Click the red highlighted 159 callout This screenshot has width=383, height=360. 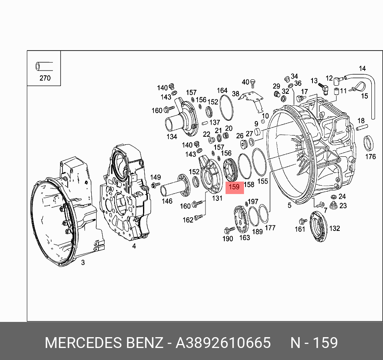(234, 187)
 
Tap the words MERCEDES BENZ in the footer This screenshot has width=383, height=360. (104, 343)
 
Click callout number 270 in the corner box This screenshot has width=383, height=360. (45, 78)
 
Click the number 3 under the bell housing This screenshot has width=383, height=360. (83, 263)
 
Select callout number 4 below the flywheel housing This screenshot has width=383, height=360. (134, 246)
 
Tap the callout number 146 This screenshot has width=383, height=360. (167, 202)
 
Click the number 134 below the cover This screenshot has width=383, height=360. (172, 137)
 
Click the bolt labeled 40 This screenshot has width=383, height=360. (253, 83)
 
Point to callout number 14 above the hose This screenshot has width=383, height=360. (362, 69)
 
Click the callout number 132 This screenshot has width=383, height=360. (335, 229)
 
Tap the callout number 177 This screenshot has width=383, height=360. (270, 228)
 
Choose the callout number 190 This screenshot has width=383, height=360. (228, 239)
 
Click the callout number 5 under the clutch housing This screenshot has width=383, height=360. (289, 206)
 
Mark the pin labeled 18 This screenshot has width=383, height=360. (361, 127)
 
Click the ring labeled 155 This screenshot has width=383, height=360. (260, 162)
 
